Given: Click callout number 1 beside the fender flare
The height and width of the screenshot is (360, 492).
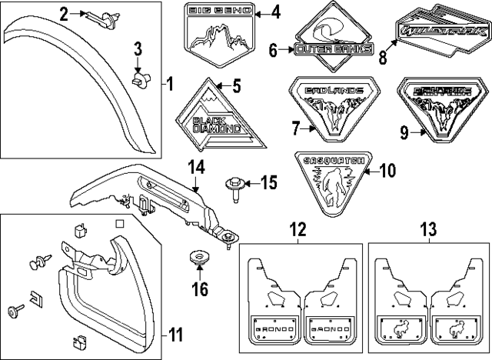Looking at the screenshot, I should click(x=171, y=82).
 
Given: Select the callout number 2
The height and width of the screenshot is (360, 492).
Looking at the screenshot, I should click(x=65, y=12).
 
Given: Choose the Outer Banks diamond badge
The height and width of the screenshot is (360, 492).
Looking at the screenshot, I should click(x=333, y=47).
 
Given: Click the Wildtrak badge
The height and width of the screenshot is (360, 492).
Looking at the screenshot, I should click(x=440, y=33).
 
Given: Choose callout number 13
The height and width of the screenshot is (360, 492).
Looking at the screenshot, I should click(x=427, y=228).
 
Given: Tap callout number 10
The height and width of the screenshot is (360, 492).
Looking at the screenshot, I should click(x=386, y=169).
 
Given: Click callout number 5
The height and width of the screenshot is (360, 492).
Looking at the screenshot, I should click(x=237, y=85).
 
